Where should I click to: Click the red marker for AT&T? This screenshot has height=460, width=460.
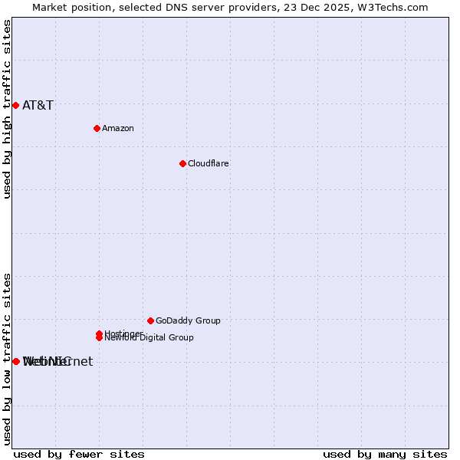coord(15,105)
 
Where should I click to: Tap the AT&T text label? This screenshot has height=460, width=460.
coord(38,106)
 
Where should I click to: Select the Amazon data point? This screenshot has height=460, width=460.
coord(97,128)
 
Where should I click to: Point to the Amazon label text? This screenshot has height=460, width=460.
coord(118,129)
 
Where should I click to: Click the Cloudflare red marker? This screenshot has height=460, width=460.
coord(182,163)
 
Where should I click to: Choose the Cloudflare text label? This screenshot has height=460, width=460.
coord(209,164)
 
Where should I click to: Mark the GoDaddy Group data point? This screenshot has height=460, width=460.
coord(150,320)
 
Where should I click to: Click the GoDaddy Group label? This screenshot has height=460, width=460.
coord(188,321)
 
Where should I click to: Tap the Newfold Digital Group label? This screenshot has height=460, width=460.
coord(149,338)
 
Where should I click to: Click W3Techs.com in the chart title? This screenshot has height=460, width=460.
coord(391,8)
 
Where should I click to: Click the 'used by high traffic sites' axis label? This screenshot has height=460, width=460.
coord(8,110)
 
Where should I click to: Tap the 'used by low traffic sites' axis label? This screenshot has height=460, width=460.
coord(8,358)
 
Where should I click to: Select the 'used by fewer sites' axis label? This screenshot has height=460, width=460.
coord(79,454)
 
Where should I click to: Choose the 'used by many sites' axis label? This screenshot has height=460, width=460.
coord(385,454)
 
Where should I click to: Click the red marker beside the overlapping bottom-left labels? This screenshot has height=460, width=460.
coord(15,361)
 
